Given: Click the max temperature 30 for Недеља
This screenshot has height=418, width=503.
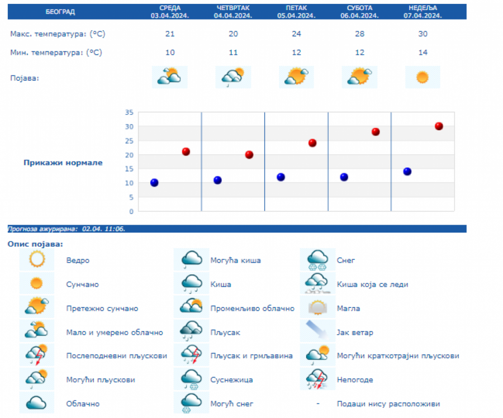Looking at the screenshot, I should (423, 34).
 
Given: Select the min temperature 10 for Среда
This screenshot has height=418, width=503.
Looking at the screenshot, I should (170, 53).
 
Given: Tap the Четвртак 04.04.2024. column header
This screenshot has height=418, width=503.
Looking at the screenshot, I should (233, 12).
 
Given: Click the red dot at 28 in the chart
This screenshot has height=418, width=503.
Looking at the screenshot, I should (376, 132).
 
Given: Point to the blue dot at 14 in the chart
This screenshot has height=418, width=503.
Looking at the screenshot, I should (407, 172).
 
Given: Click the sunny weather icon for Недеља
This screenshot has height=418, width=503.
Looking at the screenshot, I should (423, 77).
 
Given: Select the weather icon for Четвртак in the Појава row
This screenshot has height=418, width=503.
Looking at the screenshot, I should (233, 77).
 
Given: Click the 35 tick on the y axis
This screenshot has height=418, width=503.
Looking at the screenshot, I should (129, 112).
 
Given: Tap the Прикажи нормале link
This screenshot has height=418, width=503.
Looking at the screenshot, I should (63, 163).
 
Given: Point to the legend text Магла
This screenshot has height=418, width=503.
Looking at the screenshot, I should (348, 308).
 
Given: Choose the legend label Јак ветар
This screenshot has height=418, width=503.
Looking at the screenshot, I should (355, 332).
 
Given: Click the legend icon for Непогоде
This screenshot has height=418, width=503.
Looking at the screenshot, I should (317, 379).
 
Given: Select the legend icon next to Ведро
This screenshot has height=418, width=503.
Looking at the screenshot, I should (37, 260).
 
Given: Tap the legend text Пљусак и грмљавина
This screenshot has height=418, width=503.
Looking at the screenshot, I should (251, 356).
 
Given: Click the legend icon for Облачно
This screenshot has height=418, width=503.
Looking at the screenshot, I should (37, 403).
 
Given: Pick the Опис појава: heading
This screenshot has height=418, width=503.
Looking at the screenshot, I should (35, 244).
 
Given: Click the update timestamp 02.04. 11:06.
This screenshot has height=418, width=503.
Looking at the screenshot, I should (103, 229).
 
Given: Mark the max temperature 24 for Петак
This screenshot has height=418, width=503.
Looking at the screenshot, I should (296, 34).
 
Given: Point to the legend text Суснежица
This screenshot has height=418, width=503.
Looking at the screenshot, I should (231, 380).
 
